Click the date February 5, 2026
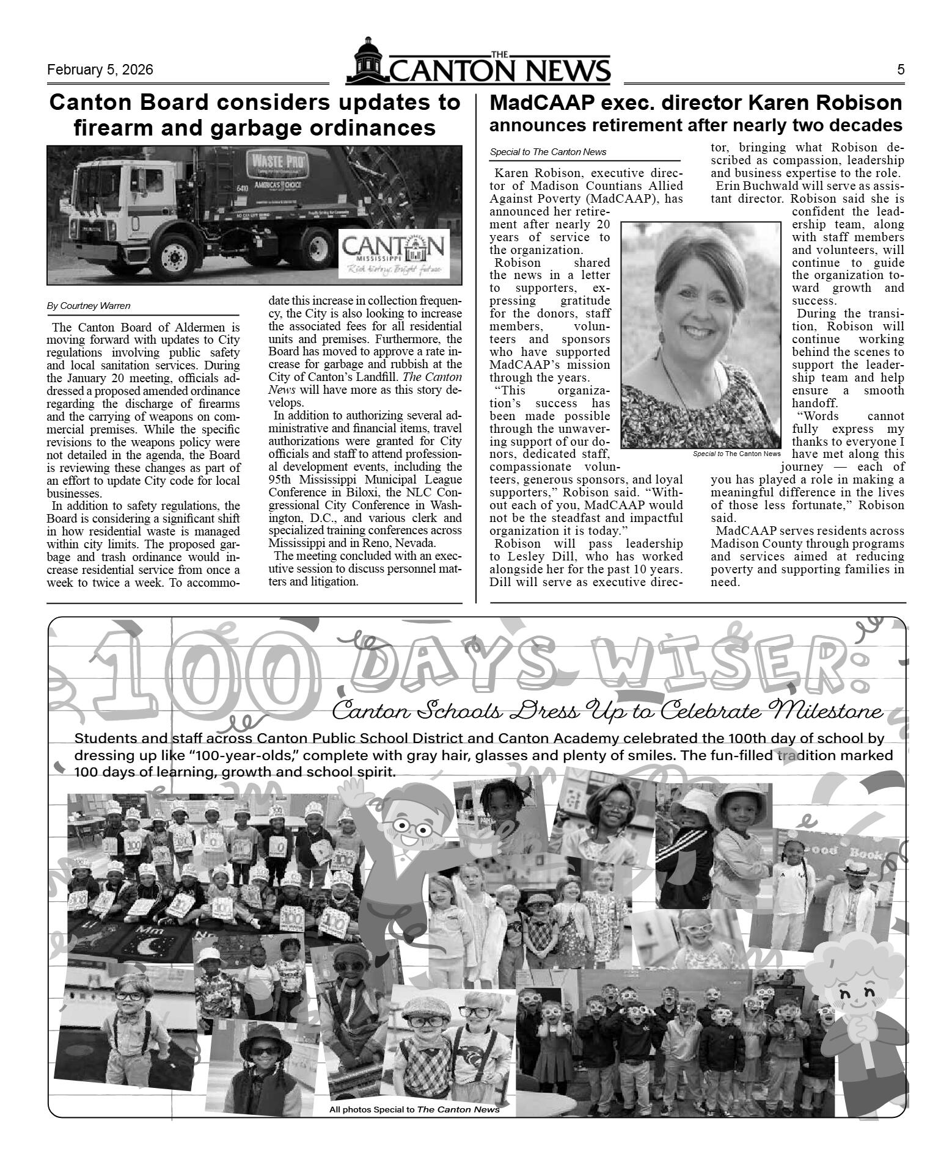[100, 70]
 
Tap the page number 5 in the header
[901, 70]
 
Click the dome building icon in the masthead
[367, 60]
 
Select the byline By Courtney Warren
[89, 306]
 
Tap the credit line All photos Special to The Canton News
[414, 1109]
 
